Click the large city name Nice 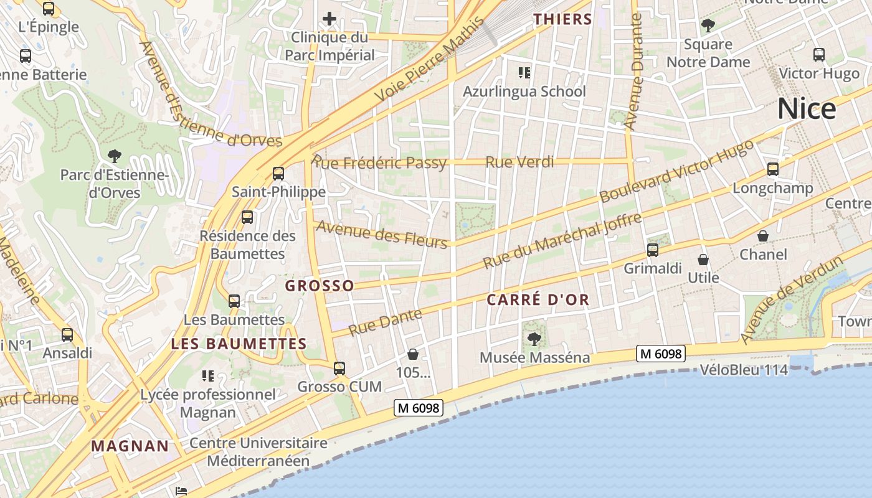(806, 109)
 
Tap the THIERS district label (562, 19)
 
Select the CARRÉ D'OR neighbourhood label (538, 300)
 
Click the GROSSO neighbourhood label (320, 286)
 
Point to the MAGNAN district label (130, 446)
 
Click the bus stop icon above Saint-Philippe (278, 174)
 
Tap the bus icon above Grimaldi (653, 250)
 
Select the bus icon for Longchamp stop (773, 169)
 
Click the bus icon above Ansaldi (67, 335)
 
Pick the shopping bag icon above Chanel (763, 236)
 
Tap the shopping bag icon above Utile (703, 260)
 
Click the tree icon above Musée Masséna (534, 339)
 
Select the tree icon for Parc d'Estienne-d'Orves (114, 156)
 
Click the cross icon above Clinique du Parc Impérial (329, 19)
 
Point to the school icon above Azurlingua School (524, 73)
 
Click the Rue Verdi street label (519, 162)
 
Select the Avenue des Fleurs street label (382, 233)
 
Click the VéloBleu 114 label (744, 370)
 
